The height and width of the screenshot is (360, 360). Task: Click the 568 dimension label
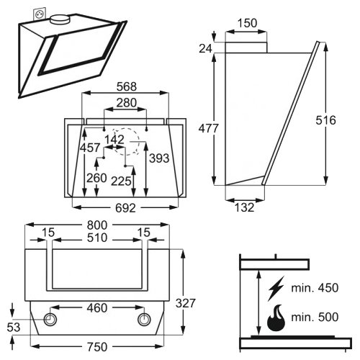click(x=127, y=86)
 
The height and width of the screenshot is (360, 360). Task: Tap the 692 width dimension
click(x=125, y=208)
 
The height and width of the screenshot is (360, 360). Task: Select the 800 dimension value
click(x=97, y=225)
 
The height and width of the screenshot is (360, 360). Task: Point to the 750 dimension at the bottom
click(x=97, y=347)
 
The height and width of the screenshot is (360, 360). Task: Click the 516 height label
click(x=325, y=120)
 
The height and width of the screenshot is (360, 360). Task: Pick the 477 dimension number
click(x=209, y=128)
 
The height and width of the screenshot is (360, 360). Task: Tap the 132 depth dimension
click(x=244, y=207)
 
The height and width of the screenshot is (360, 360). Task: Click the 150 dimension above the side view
click(x=247, y=23)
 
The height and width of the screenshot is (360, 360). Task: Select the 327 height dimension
click(x=186, y=303)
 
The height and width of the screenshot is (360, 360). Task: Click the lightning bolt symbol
click(x=276, y=289)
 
